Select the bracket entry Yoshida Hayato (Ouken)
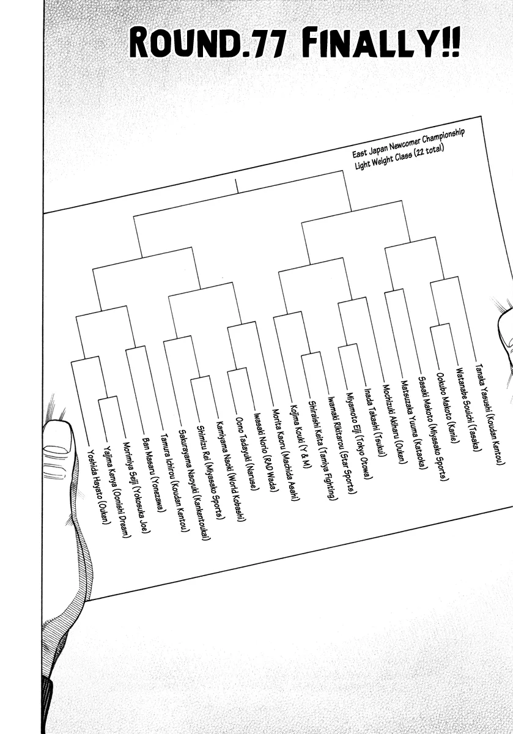[x=97, y=487]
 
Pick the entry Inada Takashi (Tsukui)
[x=373, y=419]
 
